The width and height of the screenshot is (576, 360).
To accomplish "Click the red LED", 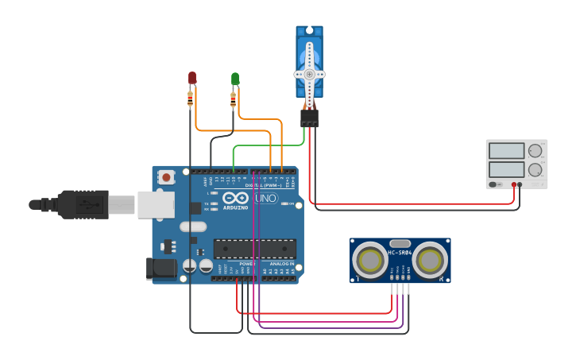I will click(192, 77).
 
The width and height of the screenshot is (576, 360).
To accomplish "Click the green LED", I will click(235, 78).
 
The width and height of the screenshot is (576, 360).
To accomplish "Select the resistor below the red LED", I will click(190, 99).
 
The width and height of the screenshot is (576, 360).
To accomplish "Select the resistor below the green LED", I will click(233, 99).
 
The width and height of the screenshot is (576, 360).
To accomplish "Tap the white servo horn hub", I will click(309, 74).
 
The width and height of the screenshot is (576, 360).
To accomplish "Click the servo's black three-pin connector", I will click(309, 118).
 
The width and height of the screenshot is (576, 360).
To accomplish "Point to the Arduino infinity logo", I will click(235, 197).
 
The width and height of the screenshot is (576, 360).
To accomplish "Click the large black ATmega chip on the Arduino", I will click(254, 249).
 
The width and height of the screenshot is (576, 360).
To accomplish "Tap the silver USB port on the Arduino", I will click(156, 204).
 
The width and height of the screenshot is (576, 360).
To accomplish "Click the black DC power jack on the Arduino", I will click(161, 269).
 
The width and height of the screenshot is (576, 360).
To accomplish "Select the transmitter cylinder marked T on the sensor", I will click(369, 260).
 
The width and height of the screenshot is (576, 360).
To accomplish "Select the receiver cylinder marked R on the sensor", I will click(429, 260).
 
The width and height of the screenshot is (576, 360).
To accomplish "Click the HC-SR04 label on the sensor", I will click(399, 253).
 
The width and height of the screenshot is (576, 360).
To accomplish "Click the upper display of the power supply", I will click(506, 150).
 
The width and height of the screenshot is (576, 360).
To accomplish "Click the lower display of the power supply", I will click(506, 169).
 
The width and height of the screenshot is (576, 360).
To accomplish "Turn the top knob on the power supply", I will click(535, 150).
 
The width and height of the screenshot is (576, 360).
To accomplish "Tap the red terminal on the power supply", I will click(514, 185).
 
